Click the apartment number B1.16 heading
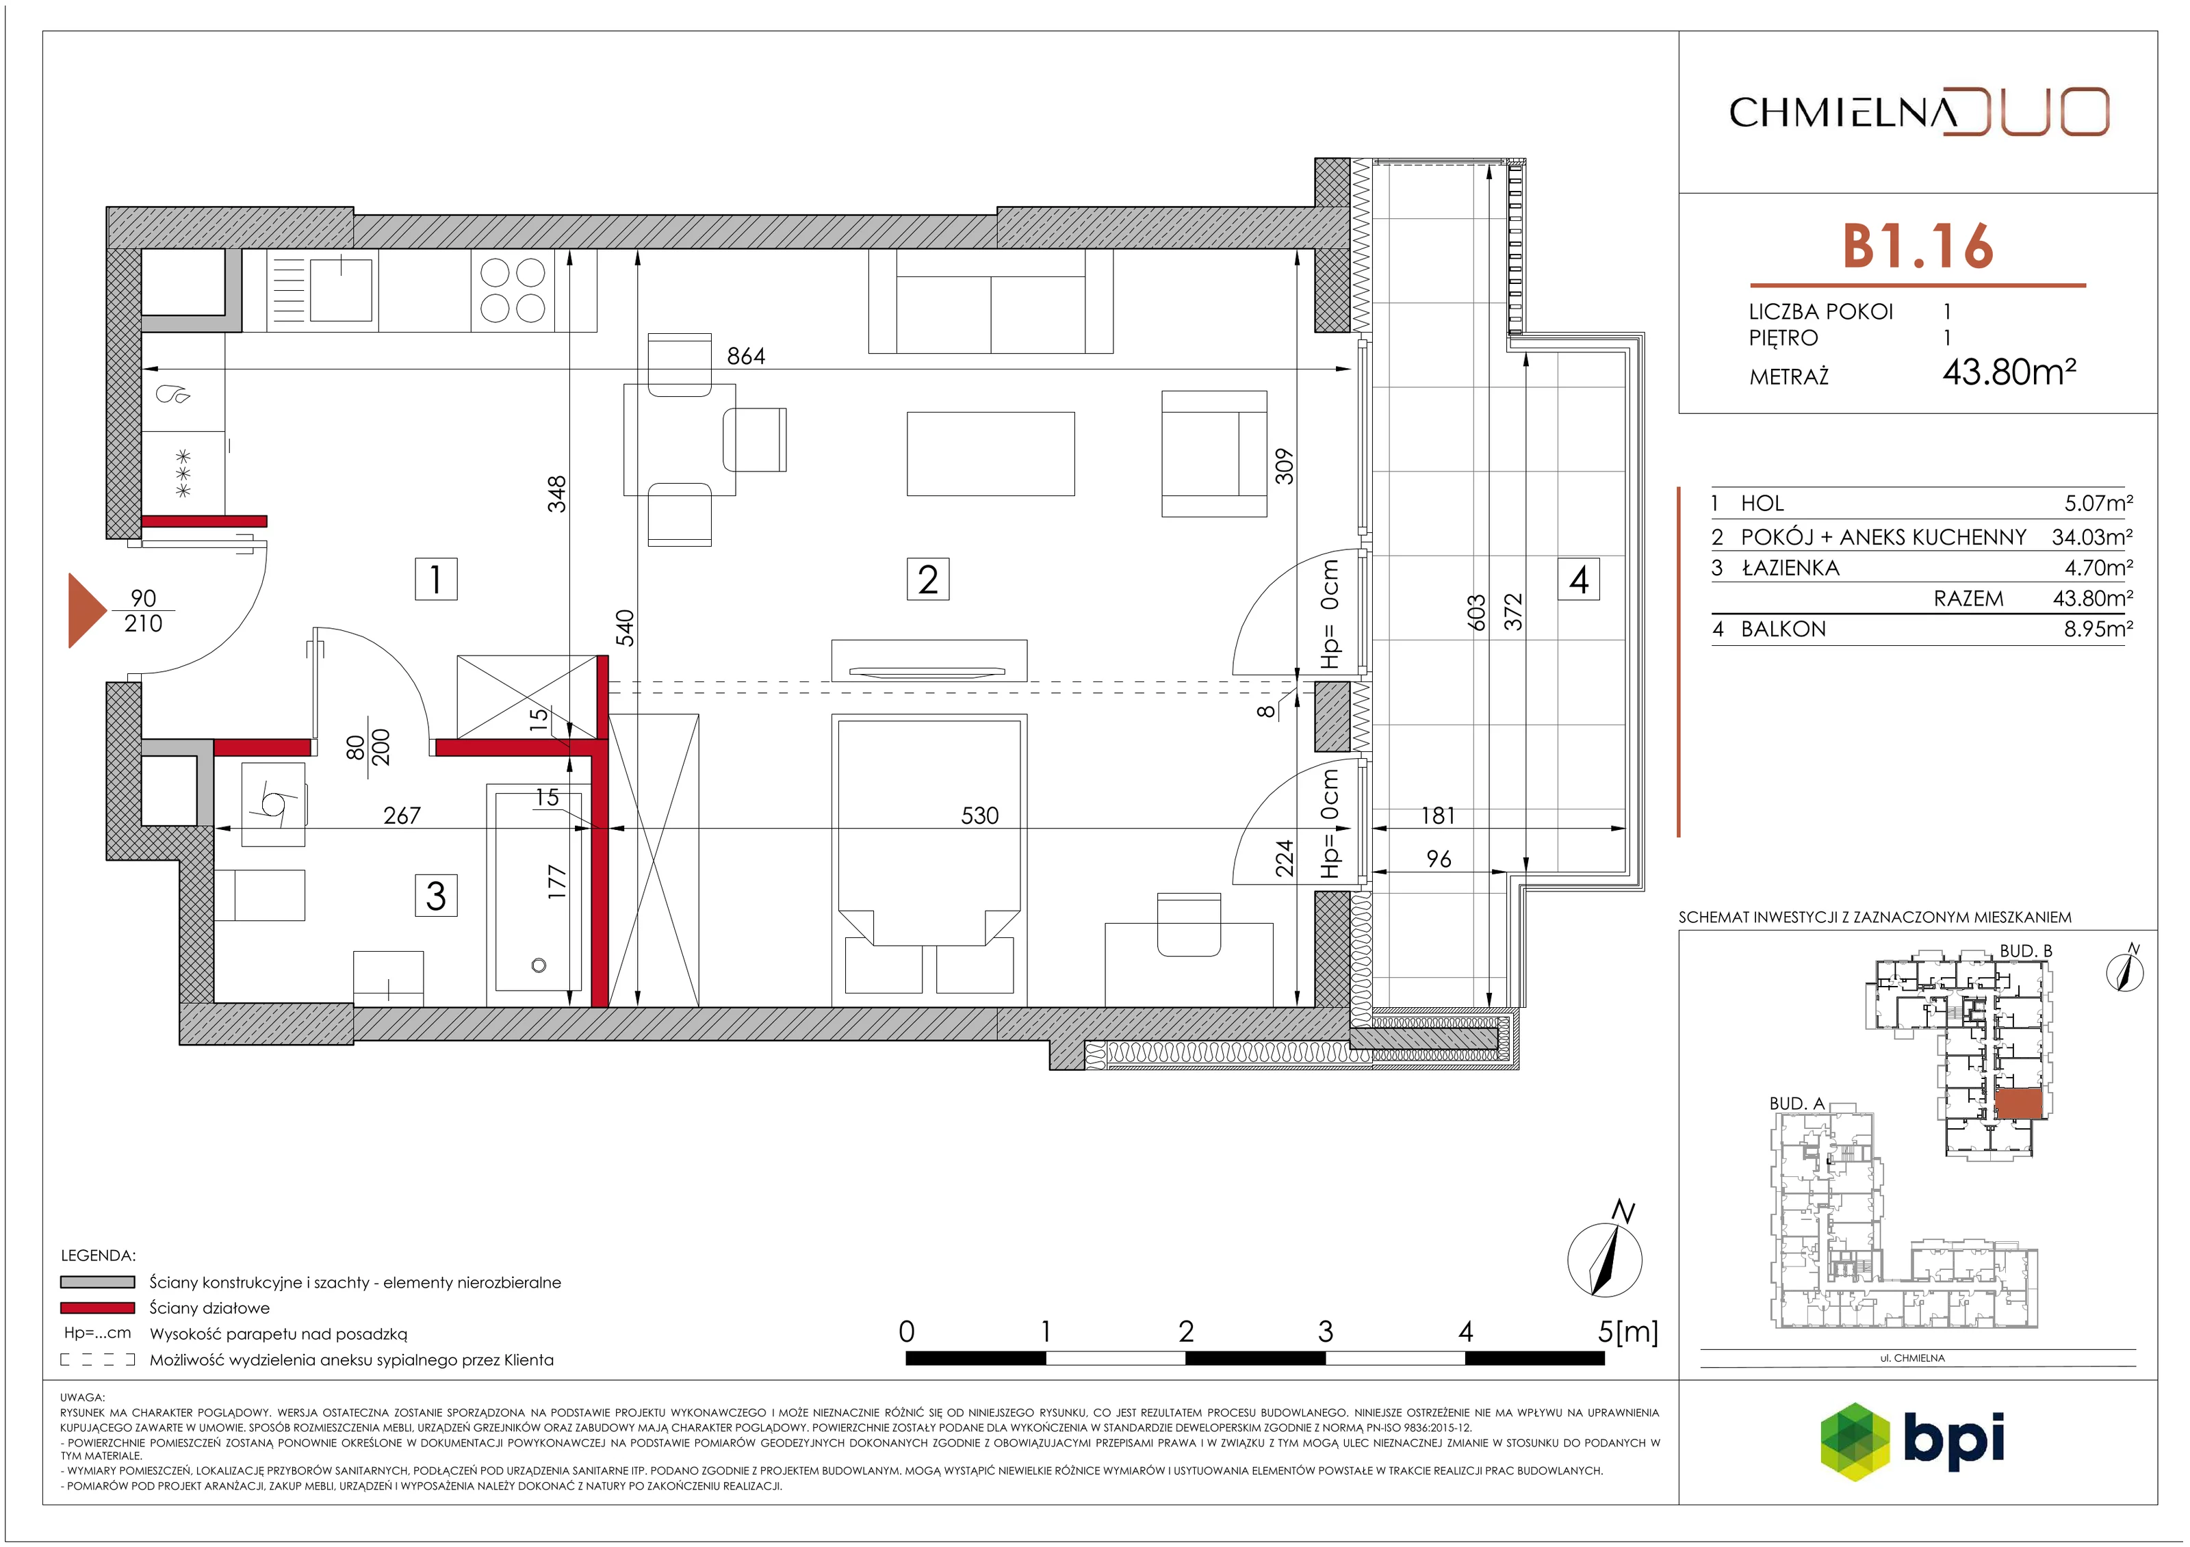point(1917,246)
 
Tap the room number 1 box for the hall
point(436,579)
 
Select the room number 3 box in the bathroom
point(436,896)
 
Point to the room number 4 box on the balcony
point(1579,579)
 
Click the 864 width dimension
point(746,356)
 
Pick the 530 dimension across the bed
point(979,816)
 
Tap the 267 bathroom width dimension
point(402,816)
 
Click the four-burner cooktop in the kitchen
point(512,291)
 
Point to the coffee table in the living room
point(990,454)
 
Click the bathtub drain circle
point(539,965)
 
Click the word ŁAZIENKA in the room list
point(1790,567)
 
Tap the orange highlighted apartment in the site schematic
point(2018,1104)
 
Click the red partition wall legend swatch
point(97,1308)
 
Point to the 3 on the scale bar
point(1325,1331)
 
